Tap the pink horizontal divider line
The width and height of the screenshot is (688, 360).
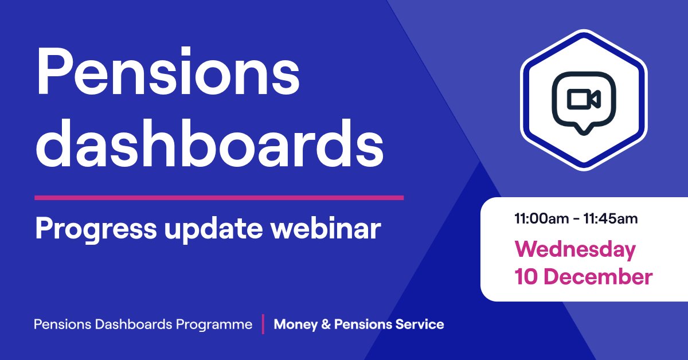click(219, 198)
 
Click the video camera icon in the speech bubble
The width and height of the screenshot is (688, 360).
click(583, 100)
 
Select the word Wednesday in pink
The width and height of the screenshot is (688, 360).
click(575, 250)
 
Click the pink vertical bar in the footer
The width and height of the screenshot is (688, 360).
click(263, 324)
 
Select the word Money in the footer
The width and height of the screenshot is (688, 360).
click(296, 324)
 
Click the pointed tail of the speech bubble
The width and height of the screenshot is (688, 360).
click(583, 130)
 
